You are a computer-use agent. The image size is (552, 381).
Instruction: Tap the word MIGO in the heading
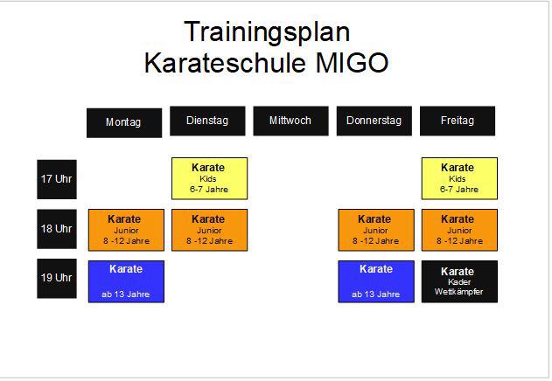point(352,63)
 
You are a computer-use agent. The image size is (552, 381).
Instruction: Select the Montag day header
point(124,123)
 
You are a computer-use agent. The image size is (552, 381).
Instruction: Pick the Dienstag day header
point(207,121)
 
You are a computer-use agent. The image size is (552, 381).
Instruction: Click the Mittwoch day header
point(290,121)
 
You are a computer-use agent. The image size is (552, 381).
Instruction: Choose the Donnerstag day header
point(374,121)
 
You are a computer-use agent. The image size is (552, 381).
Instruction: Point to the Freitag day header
point(458,121)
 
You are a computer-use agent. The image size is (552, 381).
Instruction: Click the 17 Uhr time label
point(57,179)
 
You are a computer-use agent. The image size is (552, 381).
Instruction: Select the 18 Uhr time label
point(57,229)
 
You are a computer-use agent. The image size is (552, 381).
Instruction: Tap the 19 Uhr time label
point(57,279)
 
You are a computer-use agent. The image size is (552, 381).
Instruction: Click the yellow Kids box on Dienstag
point(209,178)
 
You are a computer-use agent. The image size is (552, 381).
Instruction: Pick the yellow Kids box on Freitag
point(459,178)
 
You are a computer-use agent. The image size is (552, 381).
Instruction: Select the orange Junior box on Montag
point(126,230)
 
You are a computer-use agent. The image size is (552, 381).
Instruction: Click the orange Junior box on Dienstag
point(209,230)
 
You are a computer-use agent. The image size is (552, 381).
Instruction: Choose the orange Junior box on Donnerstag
point(376,230)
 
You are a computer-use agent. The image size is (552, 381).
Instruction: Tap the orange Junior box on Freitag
point(459,230)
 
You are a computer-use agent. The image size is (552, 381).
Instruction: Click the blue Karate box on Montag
point(126,281)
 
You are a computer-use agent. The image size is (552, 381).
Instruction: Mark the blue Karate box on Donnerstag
point(376,281)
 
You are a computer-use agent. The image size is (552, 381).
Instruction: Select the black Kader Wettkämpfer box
point(459,281)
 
